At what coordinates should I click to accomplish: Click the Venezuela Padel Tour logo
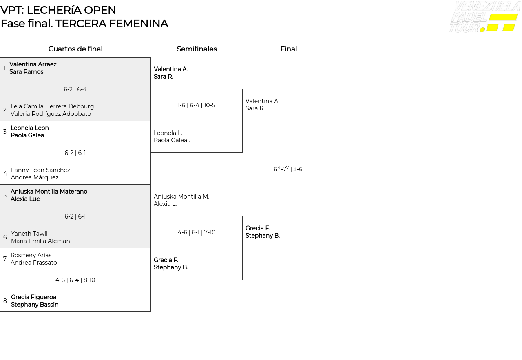tap(484, 17)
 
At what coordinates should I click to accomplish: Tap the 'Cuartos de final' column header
tap(75, 49)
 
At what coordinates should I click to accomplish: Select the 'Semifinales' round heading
tap(197, 49)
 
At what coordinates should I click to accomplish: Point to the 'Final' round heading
tap(288, 49)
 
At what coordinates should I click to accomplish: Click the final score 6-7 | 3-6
tap(288, 169)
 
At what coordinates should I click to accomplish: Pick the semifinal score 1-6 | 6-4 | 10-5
tap(196, 105)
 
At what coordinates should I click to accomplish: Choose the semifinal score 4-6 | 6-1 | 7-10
tap(197, 232)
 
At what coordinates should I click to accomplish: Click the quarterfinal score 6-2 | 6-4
tap(75, 89)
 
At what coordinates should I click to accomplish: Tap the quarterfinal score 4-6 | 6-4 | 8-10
tap(75, 280)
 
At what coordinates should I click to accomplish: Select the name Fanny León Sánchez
tap(40, 170)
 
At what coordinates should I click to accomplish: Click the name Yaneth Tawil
tap(29, 234)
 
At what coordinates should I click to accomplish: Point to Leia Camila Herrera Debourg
tap(52, 106)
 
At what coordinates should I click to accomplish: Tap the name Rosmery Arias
tap(31, 255)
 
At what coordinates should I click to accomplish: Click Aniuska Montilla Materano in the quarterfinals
tap(49, 192)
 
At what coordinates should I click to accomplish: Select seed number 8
tap(5, 301)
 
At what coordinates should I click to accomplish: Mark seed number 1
tap(4, 68)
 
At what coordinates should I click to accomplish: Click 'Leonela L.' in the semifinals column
tap(168, 133)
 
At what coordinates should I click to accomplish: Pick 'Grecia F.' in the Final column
tap(258, 228)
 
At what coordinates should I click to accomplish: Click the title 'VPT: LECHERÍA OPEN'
tap(58, 10)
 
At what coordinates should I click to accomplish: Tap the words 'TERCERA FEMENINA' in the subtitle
tap(112, 24)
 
